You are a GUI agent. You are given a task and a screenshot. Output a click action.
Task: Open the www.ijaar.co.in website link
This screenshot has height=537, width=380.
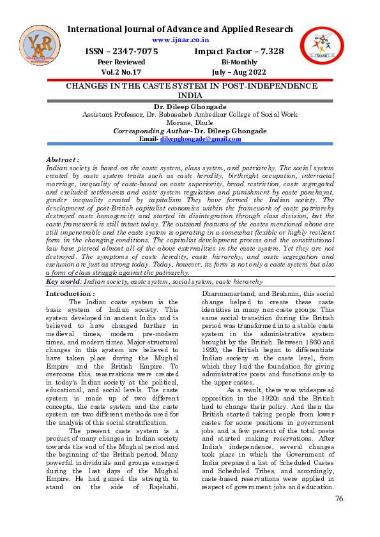[x=181, y=40]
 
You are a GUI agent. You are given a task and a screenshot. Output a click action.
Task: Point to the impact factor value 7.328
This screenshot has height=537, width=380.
[x=266, y=51]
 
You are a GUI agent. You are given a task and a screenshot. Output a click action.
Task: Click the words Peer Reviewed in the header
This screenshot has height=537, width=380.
[x=121, y=62]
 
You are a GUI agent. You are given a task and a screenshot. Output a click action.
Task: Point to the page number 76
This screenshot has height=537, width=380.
[x=339, y=499]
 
